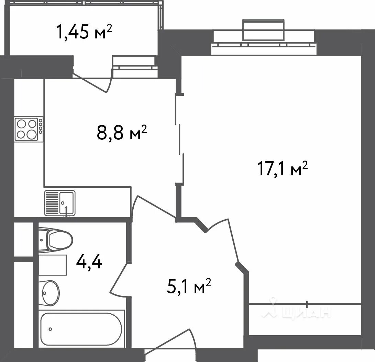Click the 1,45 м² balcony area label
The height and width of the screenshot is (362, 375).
pyautogui.click(x=84, y=32)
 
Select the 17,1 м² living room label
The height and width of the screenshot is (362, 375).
pyautogui.click(x=282, y=168)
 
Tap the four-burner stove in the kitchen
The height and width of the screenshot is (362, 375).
pyautogui.click(x=29, y=129)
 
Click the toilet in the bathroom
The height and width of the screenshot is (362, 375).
pyautogui.click(x=55, y=240)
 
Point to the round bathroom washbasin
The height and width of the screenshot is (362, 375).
pyautogui.click(x=49, y=293)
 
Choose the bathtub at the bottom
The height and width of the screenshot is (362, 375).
pyautogui.click(x=81, y=329)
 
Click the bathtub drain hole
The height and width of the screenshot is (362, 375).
pyautogui.click(x=50, y=329)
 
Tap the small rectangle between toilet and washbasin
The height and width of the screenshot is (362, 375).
pyautogui.click(x=53, y=265)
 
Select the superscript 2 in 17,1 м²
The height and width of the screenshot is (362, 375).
pyautogui.click(x=305, y=165)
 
